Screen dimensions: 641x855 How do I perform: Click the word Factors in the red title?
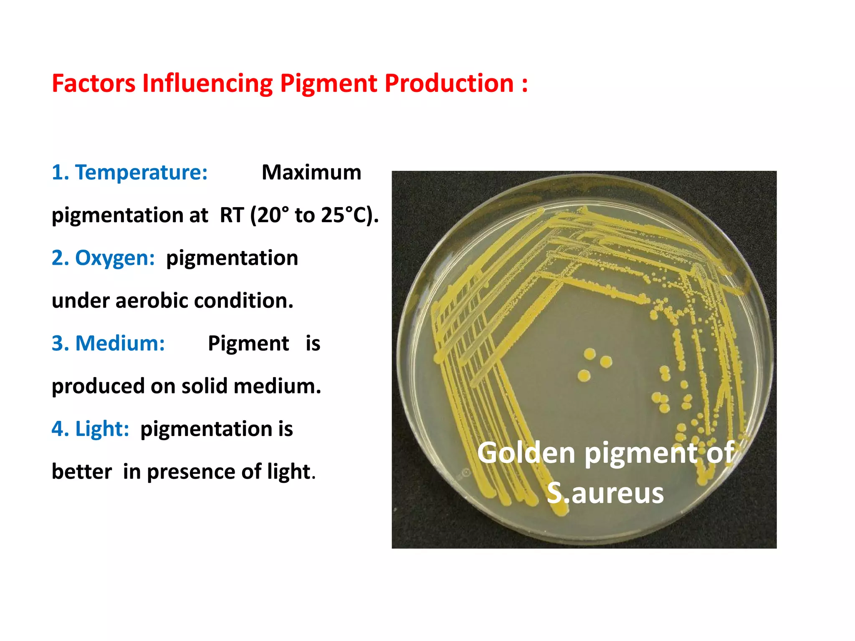(94, 83)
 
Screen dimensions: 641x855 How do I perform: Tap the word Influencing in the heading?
(207, 83)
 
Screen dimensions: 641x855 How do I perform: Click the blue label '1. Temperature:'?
(129, 172)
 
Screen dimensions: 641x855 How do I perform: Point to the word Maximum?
(311, 172)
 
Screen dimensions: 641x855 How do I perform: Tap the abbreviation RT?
(232, 215)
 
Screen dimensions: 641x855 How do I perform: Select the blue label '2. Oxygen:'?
(103, 258)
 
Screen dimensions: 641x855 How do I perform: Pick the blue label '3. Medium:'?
(108, 343)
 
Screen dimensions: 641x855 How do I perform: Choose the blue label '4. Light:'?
(90, 429)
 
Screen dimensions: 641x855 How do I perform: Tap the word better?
(82, 472)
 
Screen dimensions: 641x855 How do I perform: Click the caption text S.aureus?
(605, 493)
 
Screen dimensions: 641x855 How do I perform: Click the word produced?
(98, 386)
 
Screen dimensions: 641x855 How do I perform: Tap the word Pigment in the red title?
(329, 83)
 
